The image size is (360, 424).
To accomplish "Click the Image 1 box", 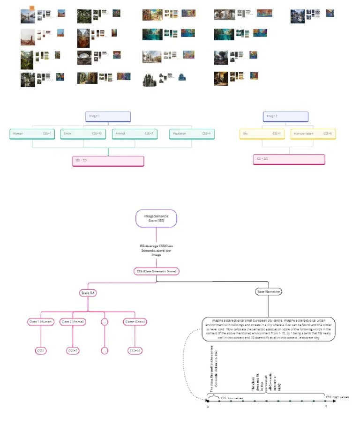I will tap(108, 117).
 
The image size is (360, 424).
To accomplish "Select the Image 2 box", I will tap(285, 117).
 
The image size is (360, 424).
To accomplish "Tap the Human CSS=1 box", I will tap(32, 134).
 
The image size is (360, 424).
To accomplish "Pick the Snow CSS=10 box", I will tap(83, 134).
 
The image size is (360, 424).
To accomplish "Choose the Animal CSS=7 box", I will tap(135, 134).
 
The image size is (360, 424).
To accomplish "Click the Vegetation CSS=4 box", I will tap(191, 134).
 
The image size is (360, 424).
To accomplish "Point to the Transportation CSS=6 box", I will tap(313, 134).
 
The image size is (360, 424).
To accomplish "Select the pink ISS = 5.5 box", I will tap(108, 161).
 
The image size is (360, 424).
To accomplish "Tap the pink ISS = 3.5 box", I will tap(289, 159).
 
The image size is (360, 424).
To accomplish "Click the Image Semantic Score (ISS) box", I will tap(157, 218).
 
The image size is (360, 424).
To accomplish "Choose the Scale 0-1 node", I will tap(88, 293).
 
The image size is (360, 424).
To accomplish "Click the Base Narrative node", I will tap(268, 292).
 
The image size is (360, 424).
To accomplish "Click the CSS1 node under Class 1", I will tap(41, 350).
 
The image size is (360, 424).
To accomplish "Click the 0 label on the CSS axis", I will tap(208, 406).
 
